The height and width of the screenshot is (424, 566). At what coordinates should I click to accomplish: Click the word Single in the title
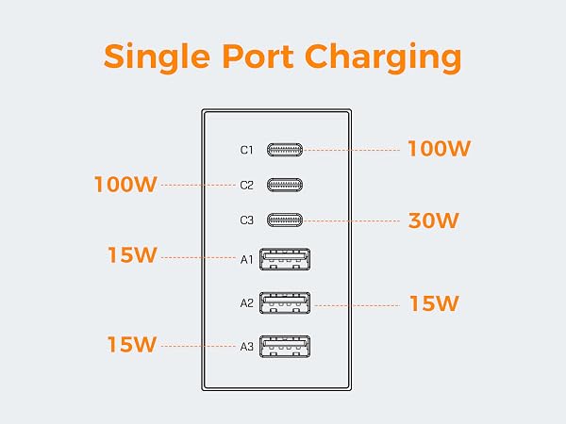pyautogui.click(x=157, y=57)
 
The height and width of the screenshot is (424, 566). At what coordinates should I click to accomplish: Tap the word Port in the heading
pyautogui.click(x=258, y=56)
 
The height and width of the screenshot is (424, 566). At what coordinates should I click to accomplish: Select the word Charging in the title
pyautogui.click(x=383, y=57)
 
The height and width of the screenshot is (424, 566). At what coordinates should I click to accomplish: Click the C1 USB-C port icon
pyautogui.click(x=285, y=150)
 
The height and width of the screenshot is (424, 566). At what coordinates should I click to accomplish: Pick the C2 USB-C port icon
pyautogui.click(x=285, y=185)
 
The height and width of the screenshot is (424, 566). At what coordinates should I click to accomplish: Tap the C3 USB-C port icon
pyautogui.click(x=285, y=220)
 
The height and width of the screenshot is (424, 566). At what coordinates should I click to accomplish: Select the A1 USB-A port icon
pyautogui.click(x=285, y=259)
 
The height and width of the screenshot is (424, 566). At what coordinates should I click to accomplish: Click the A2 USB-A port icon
pyautogui.click(x=285, y=302)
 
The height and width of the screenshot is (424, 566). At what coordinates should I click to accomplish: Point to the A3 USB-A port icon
pyautogui.click(x=285, y=347)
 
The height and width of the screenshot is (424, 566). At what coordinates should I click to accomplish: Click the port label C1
pyautogui.click(x=246, y=150)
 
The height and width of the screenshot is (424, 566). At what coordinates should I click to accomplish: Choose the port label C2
pyautogui.click(x=246, y=186)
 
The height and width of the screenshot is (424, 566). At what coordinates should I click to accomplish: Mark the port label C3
pyautogui.click(x=246, y=220)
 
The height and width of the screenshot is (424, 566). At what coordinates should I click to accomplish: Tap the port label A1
pyautogui.click(x=246, y=260)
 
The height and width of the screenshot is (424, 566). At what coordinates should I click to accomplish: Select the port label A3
pyautogui.click(x=246, y=347)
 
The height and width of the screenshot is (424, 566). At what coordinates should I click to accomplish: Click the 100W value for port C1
pyautogui.click(x=439, y=149)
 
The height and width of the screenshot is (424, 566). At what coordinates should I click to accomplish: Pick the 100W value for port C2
pyautogui.click(x=125, y=185)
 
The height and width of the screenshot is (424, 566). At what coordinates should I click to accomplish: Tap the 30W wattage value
pyautogui.click(x=433, y=220)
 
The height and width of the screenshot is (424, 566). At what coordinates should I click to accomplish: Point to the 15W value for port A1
pyautogui.click(x=132, y=255)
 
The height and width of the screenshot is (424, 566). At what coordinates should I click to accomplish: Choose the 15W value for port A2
pyautogui.click(x=434, y=303)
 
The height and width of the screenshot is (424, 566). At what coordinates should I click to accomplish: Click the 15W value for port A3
pyautogui.click(x=132, y=344)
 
